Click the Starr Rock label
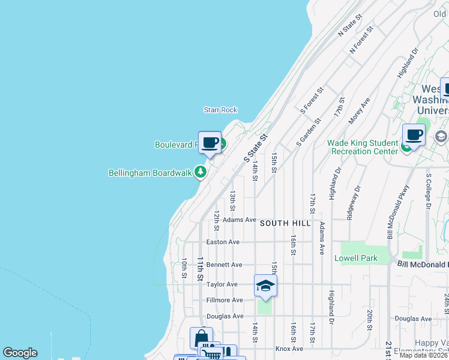coord(220,110)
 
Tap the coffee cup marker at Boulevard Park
coord(209,143)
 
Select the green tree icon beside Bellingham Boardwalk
coord(200,173)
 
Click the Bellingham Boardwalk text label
coord(150,173)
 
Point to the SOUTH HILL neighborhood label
coord(285,223)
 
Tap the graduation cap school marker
coord(265,286)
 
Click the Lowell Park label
coord(356,259)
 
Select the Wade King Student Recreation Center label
coord(363,147)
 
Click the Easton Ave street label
coord(223,242)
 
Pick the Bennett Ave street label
coord(224,265)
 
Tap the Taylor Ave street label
coord(222,284)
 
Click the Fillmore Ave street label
coord(224,300)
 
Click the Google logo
coord(20,353)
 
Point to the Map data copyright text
coord(424,355)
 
